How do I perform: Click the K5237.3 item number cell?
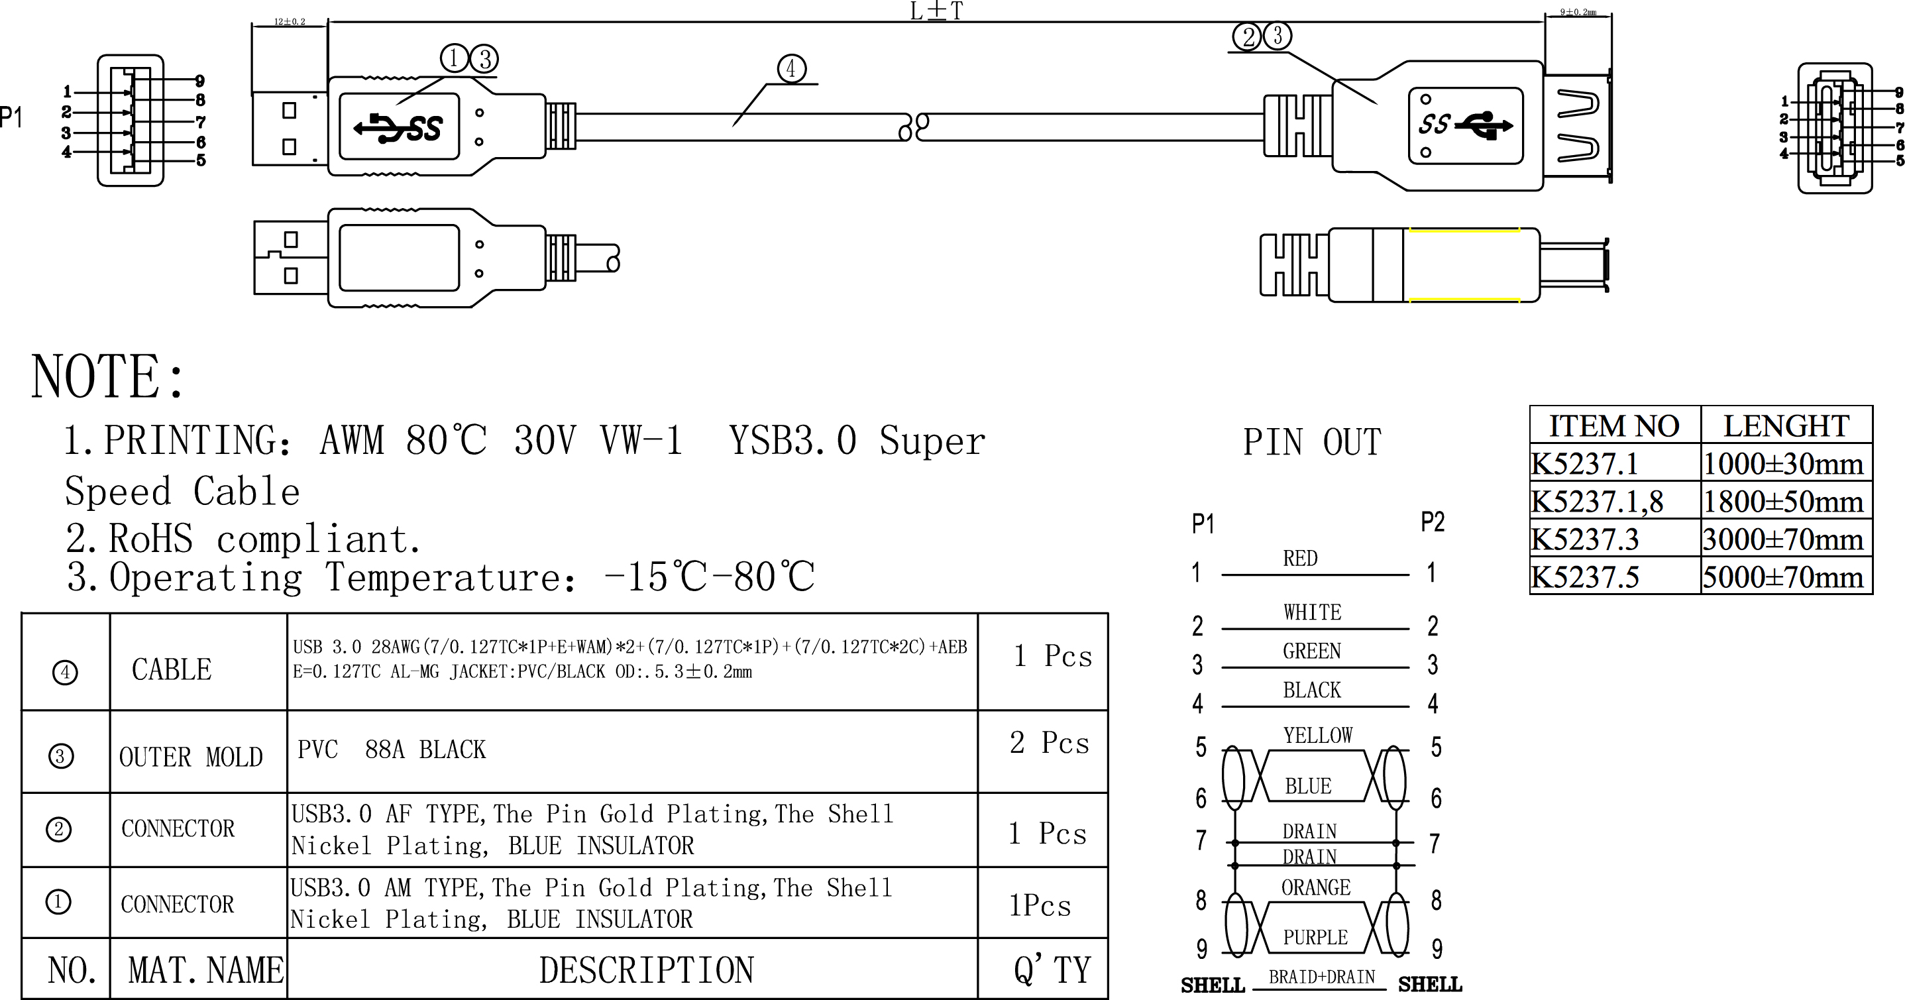1585,539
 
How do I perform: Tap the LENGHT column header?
1786,426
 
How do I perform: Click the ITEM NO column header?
1614,426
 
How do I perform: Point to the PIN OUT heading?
1311,442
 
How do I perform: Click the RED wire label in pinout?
1300,559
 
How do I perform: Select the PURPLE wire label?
1315,937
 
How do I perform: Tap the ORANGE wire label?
1315,887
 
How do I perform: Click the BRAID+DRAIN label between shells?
1321,977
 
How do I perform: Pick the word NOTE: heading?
107,376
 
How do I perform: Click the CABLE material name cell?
172,669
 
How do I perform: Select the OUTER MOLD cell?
191,757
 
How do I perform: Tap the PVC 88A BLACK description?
391,750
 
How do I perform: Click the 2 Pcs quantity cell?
1049,744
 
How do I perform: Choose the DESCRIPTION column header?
645,970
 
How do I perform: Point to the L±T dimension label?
936,11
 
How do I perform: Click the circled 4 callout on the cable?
791,69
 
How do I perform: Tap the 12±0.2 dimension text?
289,21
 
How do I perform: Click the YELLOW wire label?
1317,735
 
